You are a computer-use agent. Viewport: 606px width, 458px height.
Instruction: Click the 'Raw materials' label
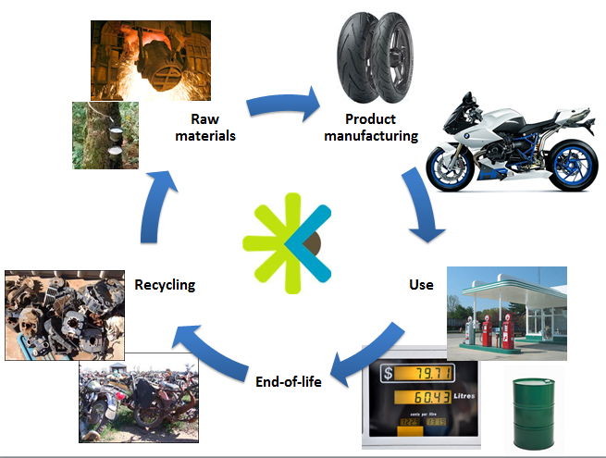pos(205,127)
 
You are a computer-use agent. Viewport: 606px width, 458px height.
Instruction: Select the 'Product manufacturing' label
pos(371,127)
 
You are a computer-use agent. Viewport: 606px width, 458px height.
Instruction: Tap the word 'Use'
pos(421,285)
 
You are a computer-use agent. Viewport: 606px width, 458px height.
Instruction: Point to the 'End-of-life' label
pos(289,382)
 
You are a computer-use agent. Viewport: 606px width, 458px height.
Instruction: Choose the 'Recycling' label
pos(165,285)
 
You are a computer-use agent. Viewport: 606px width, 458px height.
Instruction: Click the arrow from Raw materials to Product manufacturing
pos(282,104)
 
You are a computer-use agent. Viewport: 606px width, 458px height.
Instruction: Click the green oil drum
pos(534,414)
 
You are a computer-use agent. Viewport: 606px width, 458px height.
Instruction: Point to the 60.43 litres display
pos(422,397)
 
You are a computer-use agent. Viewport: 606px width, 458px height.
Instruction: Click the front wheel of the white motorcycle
pos(450,168)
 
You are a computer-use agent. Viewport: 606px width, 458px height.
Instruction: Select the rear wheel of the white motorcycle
pos(573,165)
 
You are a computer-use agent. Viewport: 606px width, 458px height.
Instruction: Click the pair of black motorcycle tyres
pos(376,58)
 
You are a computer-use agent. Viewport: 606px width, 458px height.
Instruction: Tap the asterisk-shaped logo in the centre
pos(287,243)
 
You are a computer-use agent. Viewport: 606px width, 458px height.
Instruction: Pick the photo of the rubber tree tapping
pos(105,135)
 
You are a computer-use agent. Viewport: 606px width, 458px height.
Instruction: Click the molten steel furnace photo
pos(151,60)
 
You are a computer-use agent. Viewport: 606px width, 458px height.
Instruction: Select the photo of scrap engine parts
pos(65,316)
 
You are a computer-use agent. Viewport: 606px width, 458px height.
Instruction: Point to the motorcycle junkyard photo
pos(139,398)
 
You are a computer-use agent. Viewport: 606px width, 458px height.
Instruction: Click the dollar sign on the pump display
pos(388,374)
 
